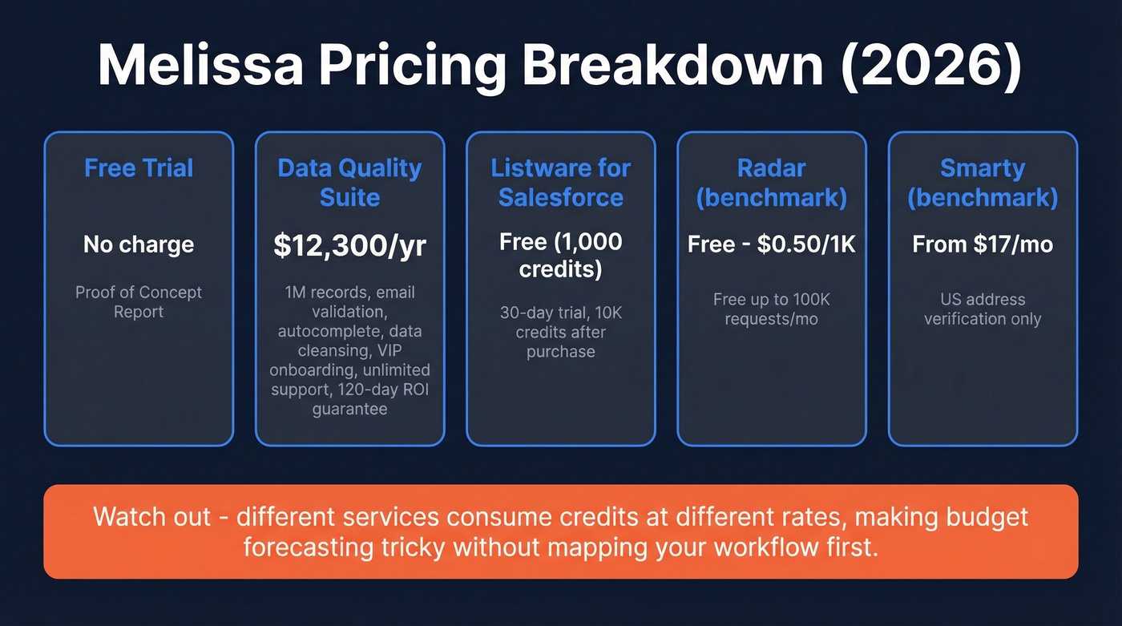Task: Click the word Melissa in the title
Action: point(200,67)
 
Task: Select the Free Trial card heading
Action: point(139,168)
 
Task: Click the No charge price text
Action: point(139,244)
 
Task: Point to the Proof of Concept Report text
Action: point(139,302)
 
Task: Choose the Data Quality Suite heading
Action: point(349,183)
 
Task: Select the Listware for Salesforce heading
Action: point(561,183)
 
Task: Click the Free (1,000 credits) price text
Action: point(561,255)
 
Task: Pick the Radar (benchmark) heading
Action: point(771,183)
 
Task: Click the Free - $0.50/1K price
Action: point(771,244)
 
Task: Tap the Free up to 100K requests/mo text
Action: point(771,309)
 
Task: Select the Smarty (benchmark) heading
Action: point(983,183)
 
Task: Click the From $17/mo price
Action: point(983,244)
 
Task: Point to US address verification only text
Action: point(983,309)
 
